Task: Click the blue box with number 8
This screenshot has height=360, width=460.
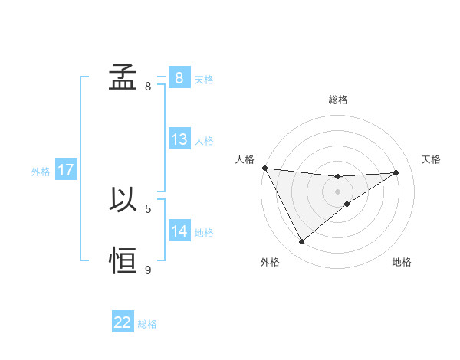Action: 179,77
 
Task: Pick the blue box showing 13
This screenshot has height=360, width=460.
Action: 179,139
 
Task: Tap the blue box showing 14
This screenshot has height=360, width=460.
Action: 179,231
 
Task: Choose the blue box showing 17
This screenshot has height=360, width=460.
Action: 65,170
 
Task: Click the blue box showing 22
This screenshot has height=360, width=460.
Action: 123,322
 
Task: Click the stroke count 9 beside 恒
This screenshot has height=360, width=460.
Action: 148,270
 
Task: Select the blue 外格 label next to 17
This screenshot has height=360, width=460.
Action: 41,172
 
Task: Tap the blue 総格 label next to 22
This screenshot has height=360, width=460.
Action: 147,324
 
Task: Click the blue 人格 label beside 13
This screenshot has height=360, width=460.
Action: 204,141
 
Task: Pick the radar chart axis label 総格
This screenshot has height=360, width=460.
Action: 337,100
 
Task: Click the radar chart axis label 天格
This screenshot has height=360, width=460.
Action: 431,159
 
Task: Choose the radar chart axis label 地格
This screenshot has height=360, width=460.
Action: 402,262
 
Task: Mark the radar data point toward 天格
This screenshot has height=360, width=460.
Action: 396,172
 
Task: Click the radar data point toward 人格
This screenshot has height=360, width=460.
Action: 264,168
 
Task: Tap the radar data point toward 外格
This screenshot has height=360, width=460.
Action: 301,242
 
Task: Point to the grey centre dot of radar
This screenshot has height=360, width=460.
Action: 337,191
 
